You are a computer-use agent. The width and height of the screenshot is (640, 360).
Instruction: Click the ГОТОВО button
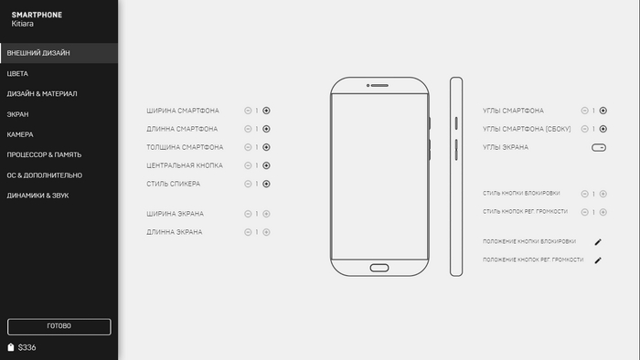coord(59,326)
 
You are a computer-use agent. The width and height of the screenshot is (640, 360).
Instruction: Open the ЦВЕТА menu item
coord(17,74)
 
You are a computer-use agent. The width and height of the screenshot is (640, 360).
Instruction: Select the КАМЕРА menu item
coord(20,134)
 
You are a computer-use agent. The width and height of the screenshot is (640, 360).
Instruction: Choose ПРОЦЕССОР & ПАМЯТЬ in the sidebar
coord(44,155)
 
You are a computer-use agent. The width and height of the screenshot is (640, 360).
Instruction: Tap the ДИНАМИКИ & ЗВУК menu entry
coord(37,196)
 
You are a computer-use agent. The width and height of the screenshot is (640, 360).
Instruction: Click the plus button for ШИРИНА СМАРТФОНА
coord(266,111)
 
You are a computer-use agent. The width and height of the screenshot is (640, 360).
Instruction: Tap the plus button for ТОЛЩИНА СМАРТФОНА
coord(266,147)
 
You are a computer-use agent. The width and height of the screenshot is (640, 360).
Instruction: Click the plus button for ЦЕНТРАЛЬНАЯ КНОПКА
coord(266,165)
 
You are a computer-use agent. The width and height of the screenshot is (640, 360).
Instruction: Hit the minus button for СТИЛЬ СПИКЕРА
coord(248,184)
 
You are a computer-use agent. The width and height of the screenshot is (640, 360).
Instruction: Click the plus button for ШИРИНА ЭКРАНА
coord(266,214)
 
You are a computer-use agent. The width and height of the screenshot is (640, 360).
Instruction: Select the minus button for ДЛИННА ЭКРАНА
coord(248,232)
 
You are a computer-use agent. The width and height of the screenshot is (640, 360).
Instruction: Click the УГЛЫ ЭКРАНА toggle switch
coord(599,148)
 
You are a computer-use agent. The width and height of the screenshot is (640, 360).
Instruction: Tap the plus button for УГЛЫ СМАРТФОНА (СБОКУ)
coord(603,129)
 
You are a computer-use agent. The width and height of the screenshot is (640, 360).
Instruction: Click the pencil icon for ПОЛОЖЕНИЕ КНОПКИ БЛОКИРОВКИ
coord(598,242)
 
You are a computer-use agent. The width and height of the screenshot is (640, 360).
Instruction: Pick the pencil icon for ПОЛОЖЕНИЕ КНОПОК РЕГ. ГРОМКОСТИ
coord(598,260)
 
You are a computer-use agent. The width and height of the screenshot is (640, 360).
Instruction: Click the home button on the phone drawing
coord(379,268)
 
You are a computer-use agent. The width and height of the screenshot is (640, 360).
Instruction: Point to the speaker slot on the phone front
coord(379,86)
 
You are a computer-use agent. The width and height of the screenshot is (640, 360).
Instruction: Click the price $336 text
coord(27,348)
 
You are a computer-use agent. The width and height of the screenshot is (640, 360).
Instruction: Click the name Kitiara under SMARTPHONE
coord(23,24)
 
